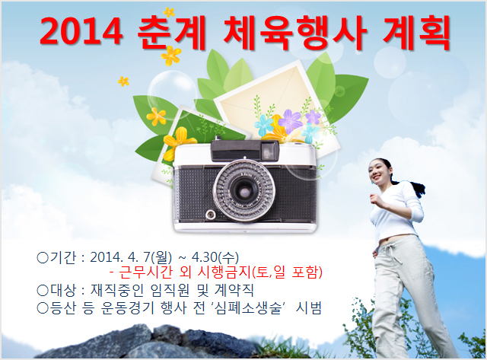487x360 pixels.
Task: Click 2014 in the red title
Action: (81, 32)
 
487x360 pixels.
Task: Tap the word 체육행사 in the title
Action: (295, 32)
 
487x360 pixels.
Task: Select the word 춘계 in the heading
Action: (172, 32)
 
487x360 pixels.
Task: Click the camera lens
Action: (243, 190)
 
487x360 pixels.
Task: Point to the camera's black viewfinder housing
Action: (244, 151)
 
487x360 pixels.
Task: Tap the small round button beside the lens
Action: (211, 214)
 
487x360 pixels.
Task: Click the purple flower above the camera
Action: (290, 121)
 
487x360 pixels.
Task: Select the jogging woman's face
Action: (378, 172)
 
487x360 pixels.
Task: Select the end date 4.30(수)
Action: (215, 257)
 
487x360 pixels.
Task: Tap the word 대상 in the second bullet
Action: (62, 290)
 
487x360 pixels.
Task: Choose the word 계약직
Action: (234, 290)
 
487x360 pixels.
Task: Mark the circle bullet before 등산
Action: (43, 308)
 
